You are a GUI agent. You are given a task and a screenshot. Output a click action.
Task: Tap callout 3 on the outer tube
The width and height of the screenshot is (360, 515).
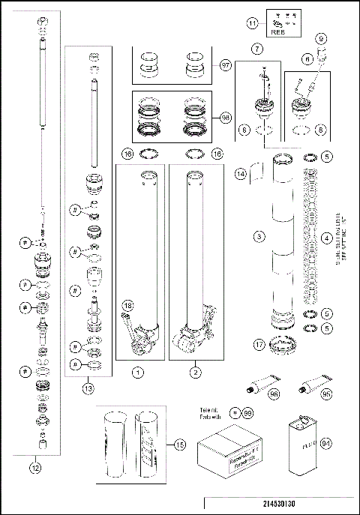pyautogui.click(x=259, y=237)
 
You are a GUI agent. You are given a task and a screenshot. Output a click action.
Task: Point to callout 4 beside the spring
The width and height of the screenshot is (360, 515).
pyautogui.click(x=326, y=238)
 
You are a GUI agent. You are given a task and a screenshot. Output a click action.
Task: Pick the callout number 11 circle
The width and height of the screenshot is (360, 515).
pyautogui.click(x=252, y=25)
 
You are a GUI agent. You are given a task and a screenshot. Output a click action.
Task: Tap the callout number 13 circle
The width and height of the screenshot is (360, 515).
pyautogui.click(x=88, y=388)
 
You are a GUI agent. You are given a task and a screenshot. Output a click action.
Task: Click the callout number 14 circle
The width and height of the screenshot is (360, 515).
pyautogui.click(x=241, y=174)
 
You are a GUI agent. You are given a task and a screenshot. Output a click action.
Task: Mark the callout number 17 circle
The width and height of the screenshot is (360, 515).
pyautogui.click(x=259, y=346)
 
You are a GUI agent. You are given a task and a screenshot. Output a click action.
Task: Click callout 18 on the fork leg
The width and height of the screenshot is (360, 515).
pyautogui.click(x=128, y=306)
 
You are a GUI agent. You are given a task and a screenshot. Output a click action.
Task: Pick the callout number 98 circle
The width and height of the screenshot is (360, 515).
pyautogui.click(x=226, y=117)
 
